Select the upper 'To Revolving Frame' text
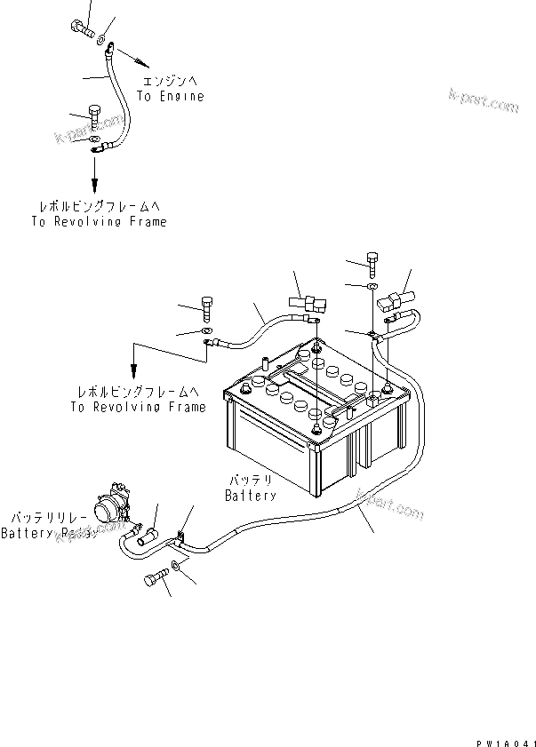[x=98, y=221]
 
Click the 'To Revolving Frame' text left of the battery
[x=137, y=407]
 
